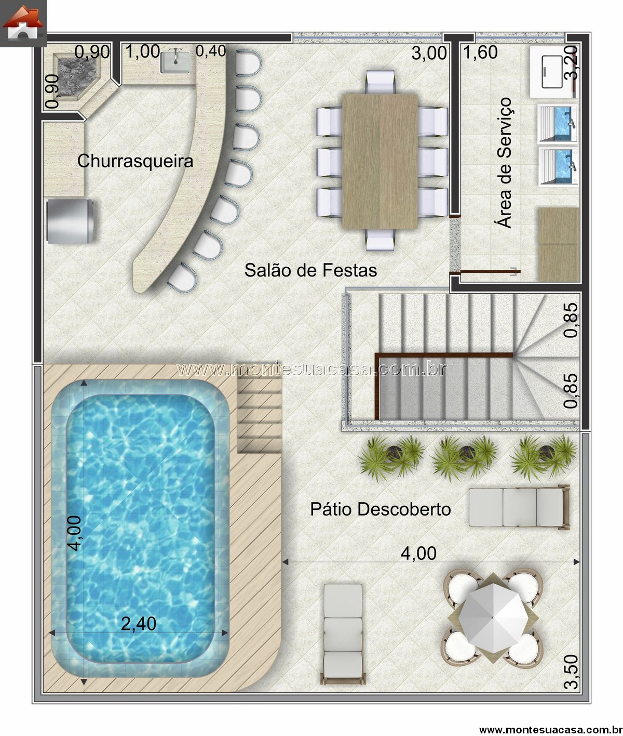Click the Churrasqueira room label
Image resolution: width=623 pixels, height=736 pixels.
(135, 161)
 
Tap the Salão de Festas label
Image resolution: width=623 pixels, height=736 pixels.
(310, 270)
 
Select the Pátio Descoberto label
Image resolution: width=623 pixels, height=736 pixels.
(380, 509)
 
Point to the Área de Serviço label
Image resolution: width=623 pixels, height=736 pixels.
(504, 162)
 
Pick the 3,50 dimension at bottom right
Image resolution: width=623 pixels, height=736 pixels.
(571, 672)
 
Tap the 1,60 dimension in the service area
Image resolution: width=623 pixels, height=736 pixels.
(480, 52)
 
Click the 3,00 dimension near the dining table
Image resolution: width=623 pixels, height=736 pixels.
(429, 54)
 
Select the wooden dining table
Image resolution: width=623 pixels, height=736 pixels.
(380, 161)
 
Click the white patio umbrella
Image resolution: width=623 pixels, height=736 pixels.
(493, 617)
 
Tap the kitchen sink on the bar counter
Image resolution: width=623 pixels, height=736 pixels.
(175, 62)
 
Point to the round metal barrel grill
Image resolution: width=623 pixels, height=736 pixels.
(70, 221)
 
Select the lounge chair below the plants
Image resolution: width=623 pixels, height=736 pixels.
(519, 507)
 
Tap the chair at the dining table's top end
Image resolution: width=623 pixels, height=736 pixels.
(380, 82)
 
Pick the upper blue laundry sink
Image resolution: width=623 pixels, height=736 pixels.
(558, 123)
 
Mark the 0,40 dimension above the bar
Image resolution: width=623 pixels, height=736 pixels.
(210, 51)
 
